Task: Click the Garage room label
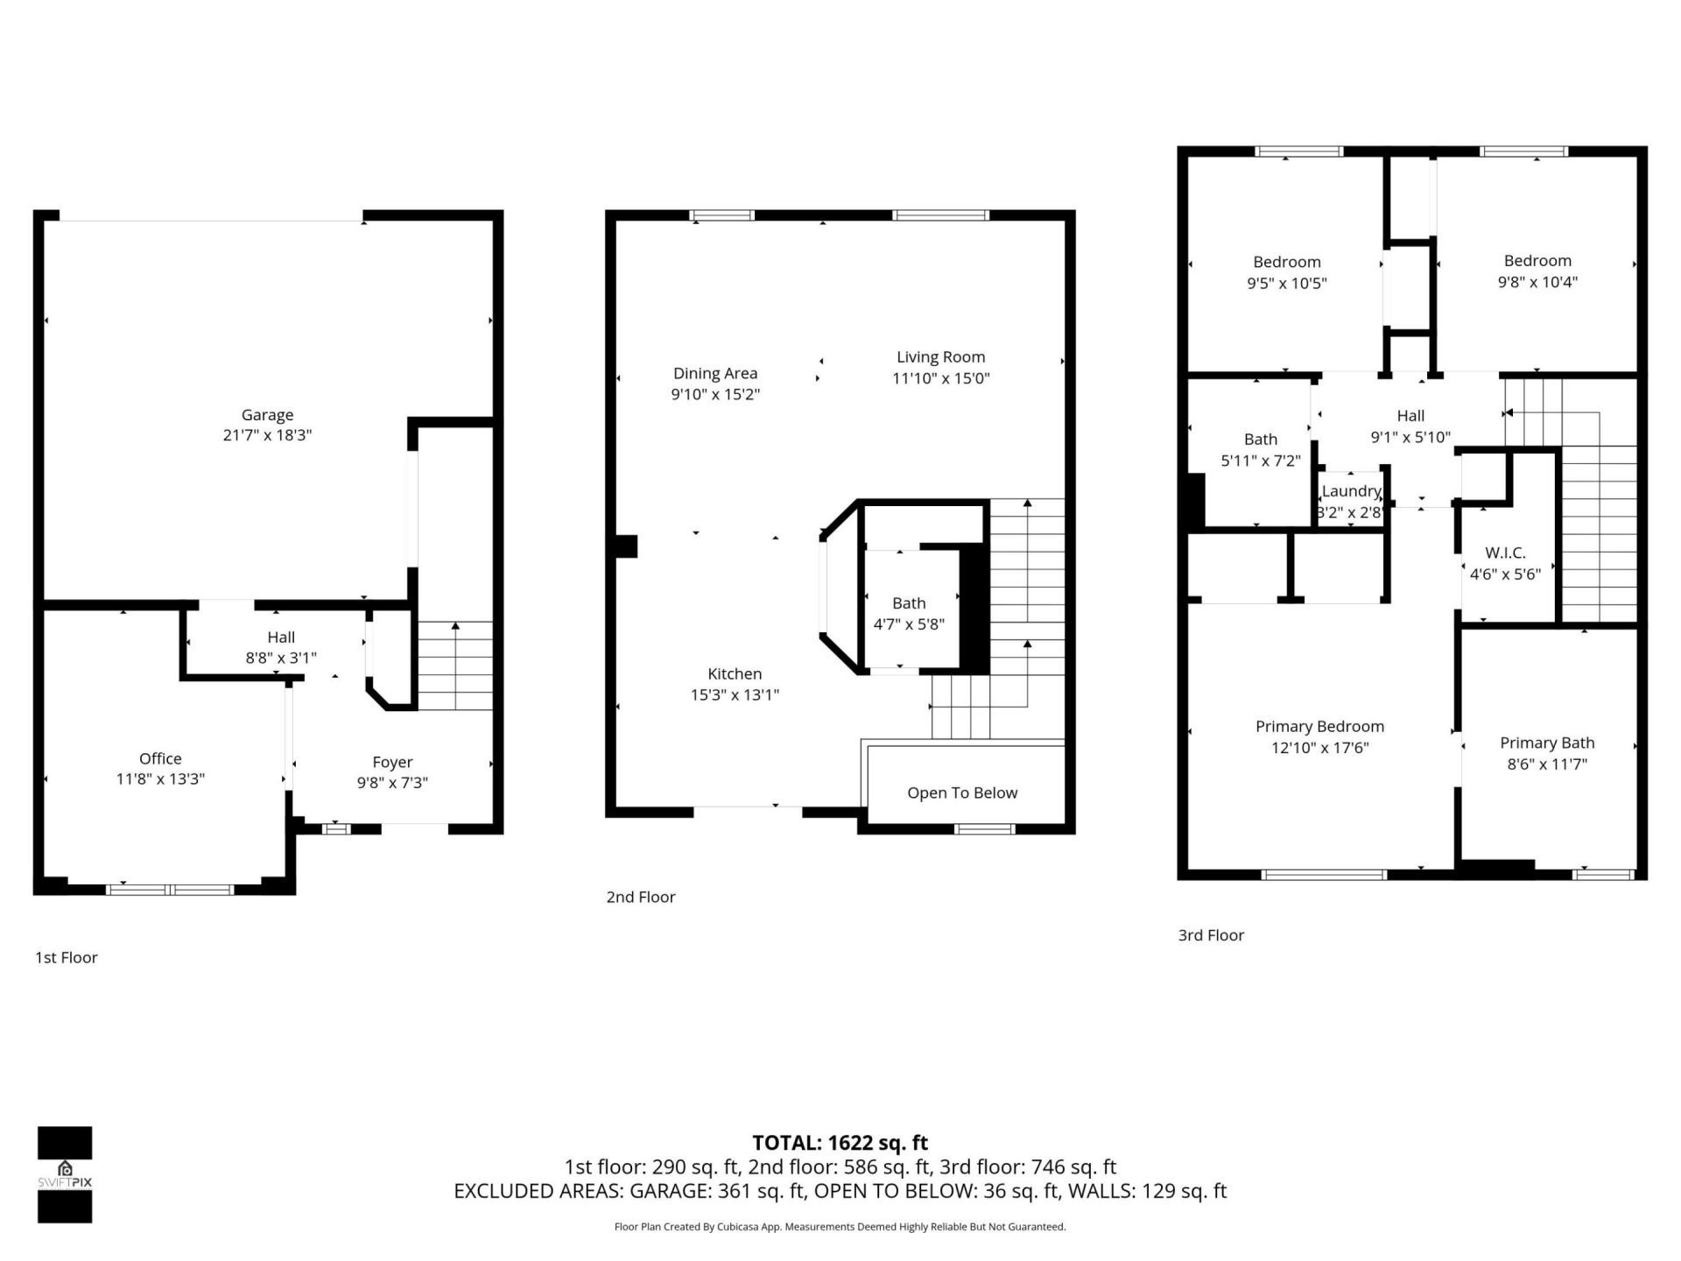[267, 415]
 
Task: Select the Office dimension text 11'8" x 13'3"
[160, 778]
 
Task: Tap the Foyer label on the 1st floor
[391, 762]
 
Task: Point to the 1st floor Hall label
[280, 638]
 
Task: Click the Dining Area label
[714, 373]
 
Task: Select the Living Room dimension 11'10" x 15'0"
[940, 378]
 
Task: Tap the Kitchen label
[734, 673]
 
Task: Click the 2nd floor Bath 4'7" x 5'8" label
[909, 613]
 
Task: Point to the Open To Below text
[961, 793]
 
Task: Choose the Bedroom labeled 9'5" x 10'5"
[1286, 272]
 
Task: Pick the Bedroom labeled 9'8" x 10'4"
[1537, 271]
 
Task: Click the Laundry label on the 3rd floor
[1351, 491]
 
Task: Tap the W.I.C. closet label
[1505, 553]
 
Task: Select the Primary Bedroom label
[1319, 726]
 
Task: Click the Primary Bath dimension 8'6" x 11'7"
[1546, 764]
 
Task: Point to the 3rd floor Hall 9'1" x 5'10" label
[1410, 426]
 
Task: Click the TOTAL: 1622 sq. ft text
[840, 1143]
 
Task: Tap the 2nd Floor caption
[640, 897]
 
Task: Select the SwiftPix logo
[65, 1174]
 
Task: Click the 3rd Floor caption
[1211, 935]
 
